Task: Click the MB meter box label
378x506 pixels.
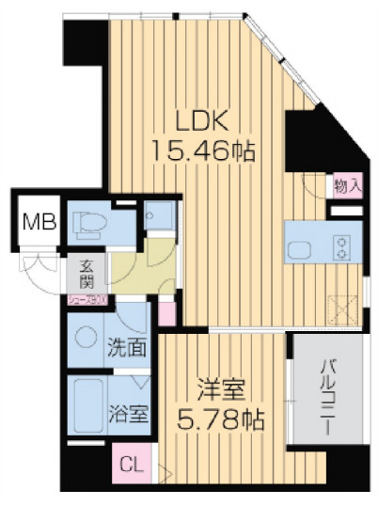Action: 39,224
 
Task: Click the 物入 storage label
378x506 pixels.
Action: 348,186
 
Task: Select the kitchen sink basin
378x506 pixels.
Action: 300,249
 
